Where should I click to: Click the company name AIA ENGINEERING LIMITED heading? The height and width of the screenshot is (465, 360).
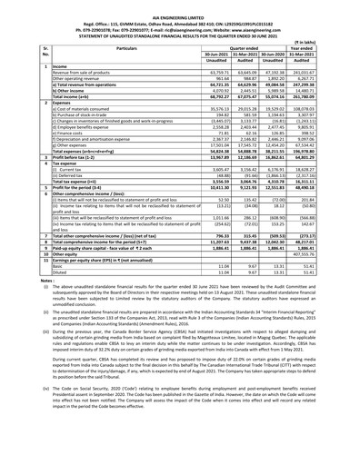point(180,5)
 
